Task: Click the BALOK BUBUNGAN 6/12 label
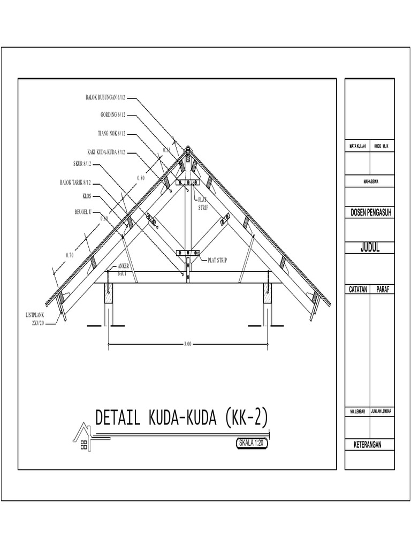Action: click(x=105, y=98)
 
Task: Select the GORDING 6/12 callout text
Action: click(x=112, y=115)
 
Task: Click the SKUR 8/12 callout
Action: click(x=82, y=164)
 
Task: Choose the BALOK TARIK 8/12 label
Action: click(x=75, y=182)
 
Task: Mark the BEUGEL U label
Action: click(x=83, y=212)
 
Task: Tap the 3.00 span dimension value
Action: click(x=187, y=344)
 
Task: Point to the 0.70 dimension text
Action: click(x=70, y=255)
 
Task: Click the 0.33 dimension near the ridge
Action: click(x=166, y=150)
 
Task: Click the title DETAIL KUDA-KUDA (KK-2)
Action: click(x=181, y=417)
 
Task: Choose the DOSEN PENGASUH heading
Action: click(x=369, y=213)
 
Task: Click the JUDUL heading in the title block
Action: click(x=369, y=248)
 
